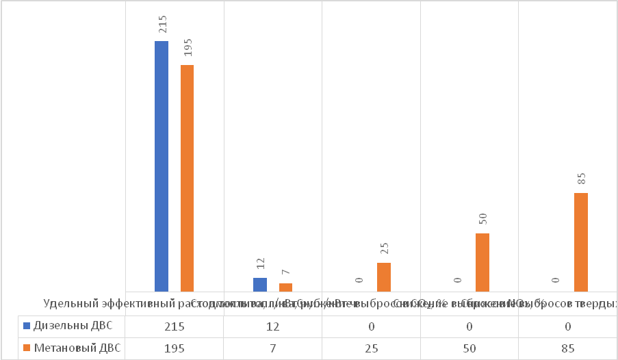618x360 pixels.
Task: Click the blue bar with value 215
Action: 162,166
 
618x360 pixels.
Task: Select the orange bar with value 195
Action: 187,178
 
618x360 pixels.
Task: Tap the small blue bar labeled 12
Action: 260,285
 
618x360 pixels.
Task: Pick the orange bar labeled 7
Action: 285,287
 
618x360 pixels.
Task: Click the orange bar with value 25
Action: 384,277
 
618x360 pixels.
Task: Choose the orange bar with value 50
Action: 482,263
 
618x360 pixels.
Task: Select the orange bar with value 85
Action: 581,242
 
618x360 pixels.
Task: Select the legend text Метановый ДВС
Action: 77,349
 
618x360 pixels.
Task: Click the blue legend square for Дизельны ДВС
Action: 27,326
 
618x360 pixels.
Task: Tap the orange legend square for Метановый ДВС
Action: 27,349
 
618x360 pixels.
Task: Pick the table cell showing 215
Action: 175,326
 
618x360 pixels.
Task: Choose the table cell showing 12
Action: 273,326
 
